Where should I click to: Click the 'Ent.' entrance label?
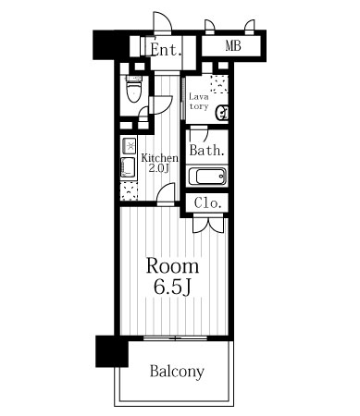[x=166, y=50]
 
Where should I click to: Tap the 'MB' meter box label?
[x=233, y=46]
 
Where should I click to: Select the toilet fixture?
[x=134, y=89]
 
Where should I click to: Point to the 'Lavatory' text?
[x=199, y=102]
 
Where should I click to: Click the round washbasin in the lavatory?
[x=223, y=113]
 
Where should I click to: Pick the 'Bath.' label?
[x=206, y=151]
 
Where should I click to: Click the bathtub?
[x=206, y=177]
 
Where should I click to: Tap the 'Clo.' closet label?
[x=208, y=203]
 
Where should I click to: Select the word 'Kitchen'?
[x=159, y=158]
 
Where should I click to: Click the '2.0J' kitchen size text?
[x=159, y=168]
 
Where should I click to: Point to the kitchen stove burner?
[x=130, y=146]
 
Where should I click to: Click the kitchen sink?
[x=129, y=167]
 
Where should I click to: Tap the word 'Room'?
[x=172, y=267]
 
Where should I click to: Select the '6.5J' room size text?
[x=172, y=288]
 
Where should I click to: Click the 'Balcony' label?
[x=177, y=372]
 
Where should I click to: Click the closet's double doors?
[x=208, y=225]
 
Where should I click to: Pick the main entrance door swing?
[x=162, y=21]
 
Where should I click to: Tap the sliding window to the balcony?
[x=175, y=338]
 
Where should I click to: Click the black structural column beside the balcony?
[x=112, y=351]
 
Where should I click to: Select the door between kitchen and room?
[x=166, y=194]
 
